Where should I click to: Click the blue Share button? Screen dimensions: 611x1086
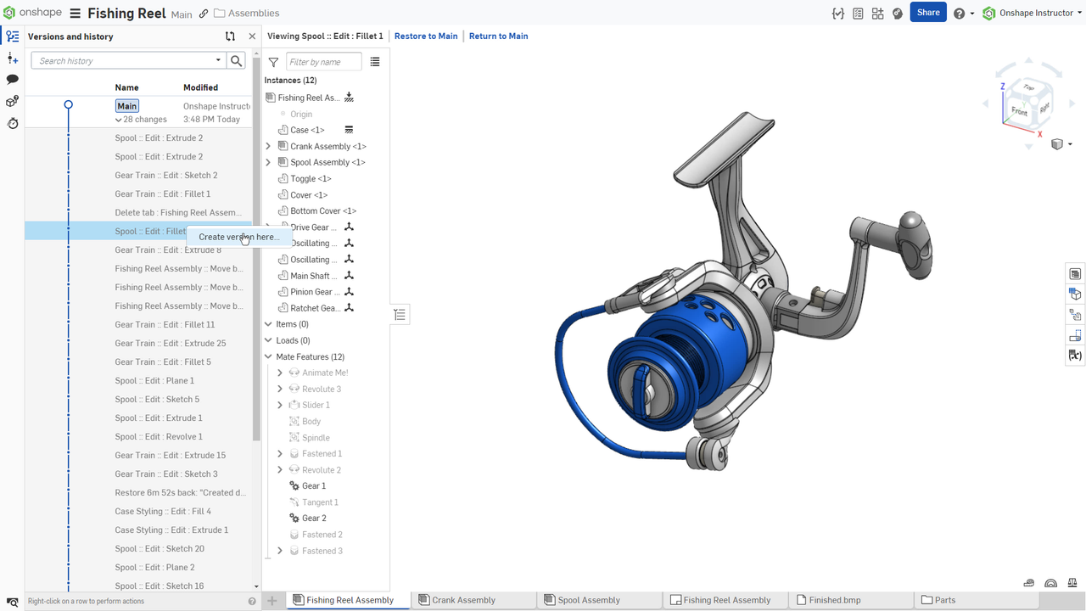[927, 13]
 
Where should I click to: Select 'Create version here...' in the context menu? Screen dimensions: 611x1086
[238, 238]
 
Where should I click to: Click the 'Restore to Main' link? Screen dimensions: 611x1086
[426, 36]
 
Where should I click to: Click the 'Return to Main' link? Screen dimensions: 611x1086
[498, 36]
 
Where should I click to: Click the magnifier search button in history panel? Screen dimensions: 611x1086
[237, 61]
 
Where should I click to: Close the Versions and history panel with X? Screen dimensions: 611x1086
[252, 36]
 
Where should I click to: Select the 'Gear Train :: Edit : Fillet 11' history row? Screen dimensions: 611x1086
[165, 325]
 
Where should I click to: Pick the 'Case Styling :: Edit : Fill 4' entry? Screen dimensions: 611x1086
[163, 512]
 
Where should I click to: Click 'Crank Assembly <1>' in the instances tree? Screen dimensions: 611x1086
[327, 147]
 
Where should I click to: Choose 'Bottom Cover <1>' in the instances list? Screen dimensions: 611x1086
[322, 211]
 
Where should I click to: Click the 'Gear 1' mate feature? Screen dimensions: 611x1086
[314, 486]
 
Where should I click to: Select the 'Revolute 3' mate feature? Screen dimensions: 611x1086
[321, 390]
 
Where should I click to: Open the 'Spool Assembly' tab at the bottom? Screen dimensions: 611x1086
[588, 600]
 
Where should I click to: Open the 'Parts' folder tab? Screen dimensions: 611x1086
[944, 600]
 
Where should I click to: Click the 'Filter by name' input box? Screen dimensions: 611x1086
[323, 62]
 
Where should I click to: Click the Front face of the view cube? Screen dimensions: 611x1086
[1019, 111]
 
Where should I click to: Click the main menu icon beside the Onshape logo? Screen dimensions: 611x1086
[76, 14]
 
